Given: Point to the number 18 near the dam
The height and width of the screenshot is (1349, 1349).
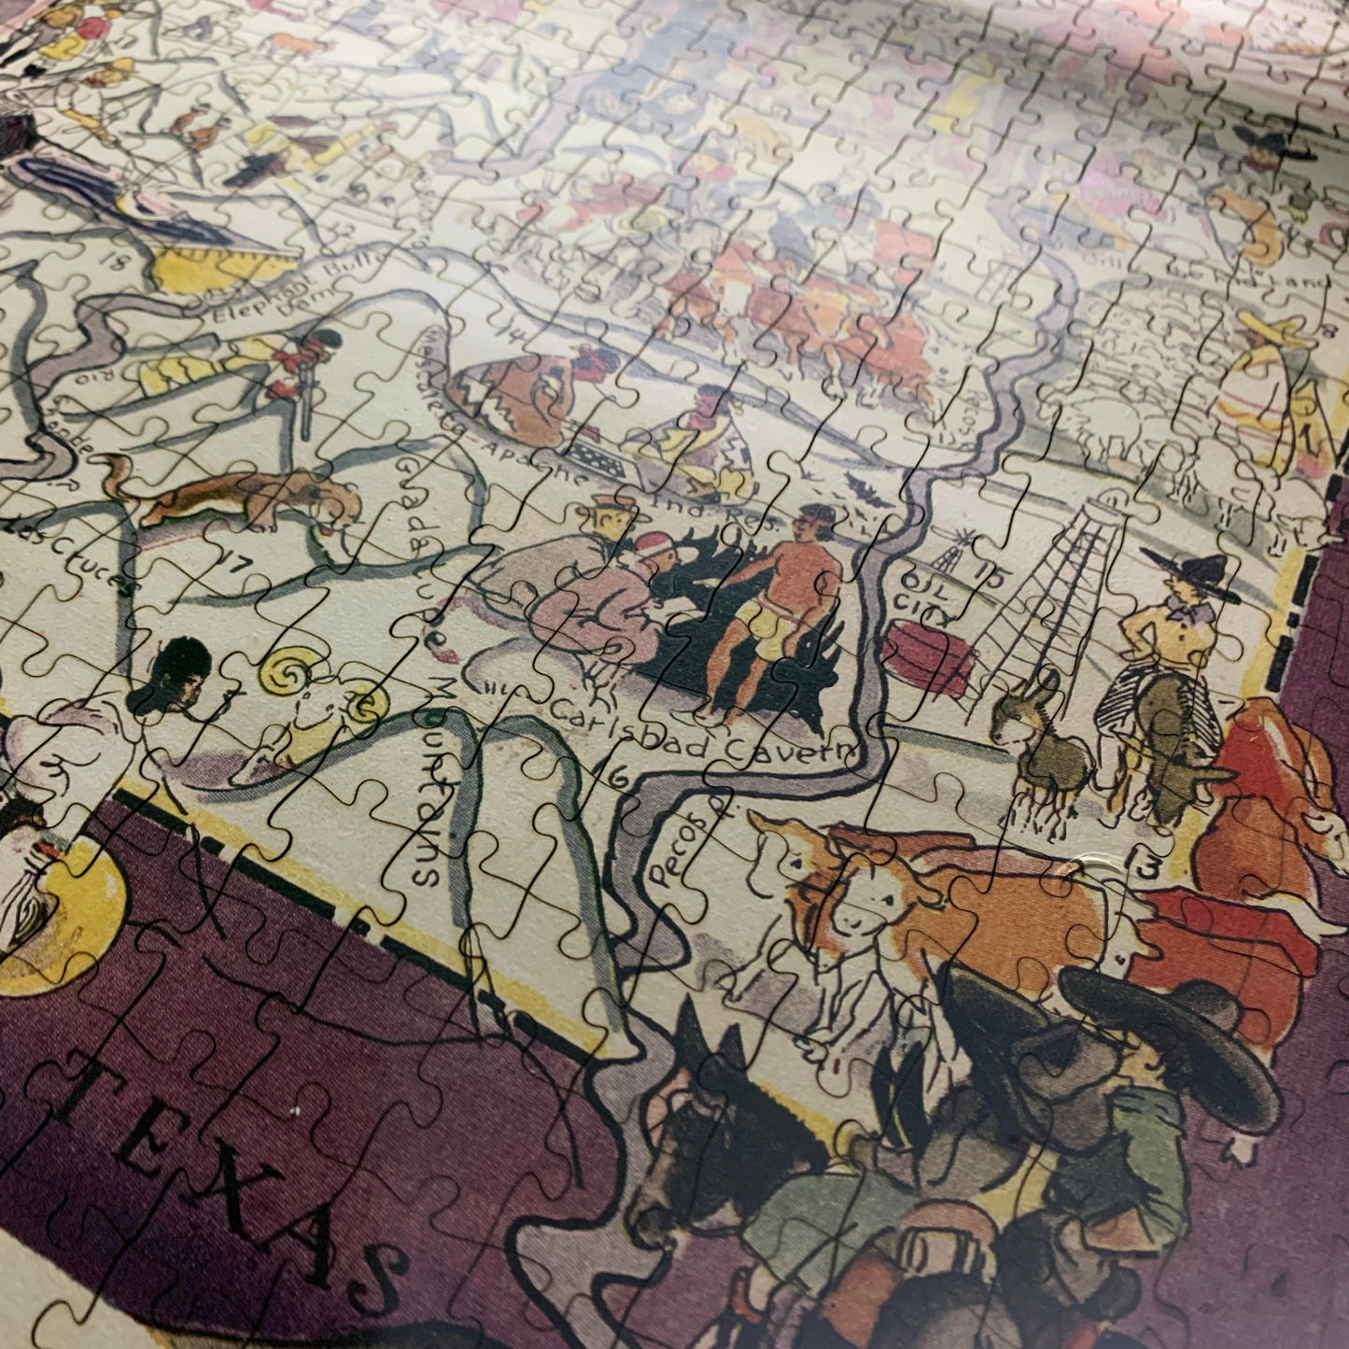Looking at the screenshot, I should [116, 262].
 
